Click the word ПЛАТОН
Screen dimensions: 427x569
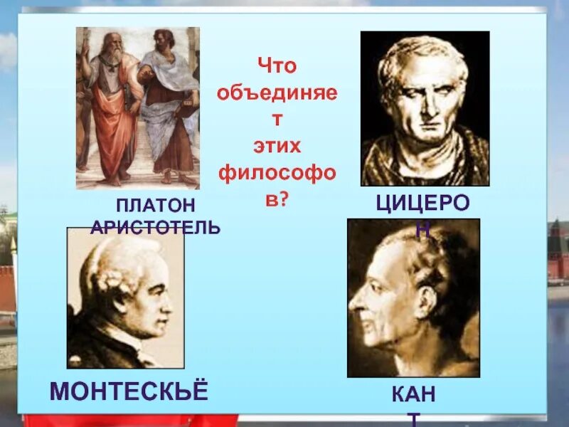[155, 206]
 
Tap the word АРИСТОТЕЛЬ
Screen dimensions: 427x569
[155, 228]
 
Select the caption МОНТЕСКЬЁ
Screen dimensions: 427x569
[129, 391]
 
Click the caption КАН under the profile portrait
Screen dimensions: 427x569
[413, 393]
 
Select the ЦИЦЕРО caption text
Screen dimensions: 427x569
[422, 204]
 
